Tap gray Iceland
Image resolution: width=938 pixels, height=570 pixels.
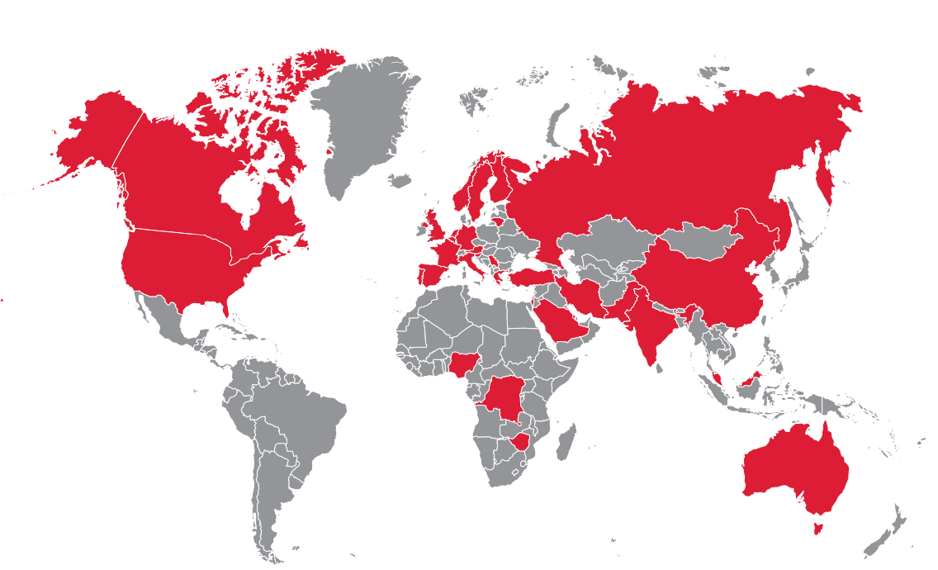pyautogui.click(x=400, y=179)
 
